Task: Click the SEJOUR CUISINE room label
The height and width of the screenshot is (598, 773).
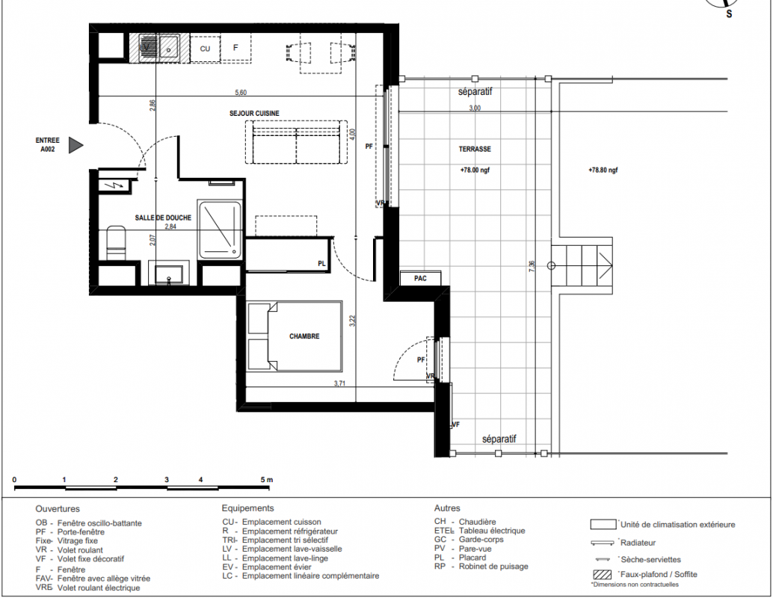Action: [254, 114]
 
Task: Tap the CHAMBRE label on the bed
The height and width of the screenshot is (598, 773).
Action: [304, 336]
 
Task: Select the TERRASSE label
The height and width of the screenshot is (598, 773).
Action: [475, 149]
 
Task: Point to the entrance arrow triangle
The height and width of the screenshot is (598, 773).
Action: [76, 145]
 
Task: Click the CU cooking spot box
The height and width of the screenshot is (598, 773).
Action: [205, 49]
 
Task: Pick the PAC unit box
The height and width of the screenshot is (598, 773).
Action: [421, 279]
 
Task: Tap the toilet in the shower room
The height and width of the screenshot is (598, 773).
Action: [116, 242]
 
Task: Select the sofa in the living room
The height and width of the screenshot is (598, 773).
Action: [296, 143]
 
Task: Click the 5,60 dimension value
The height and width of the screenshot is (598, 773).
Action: [241, 92]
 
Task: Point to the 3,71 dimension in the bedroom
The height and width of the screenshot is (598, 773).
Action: [339, 383]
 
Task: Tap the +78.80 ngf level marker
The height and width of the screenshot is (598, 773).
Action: [603, 170]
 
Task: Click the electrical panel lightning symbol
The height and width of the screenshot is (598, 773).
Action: [117, 186]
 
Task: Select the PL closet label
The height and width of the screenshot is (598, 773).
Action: [321, 265]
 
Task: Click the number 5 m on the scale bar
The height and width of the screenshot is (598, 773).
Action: [266, 480]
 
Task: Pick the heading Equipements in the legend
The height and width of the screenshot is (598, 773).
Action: [247, 508]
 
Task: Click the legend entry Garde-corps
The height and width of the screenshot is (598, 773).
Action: [481, 540]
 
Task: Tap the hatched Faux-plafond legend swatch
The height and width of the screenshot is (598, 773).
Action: [602, 574]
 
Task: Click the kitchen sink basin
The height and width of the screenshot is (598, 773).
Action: [169, 48]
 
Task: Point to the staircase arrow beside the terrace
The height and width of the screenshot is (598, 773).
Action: [606, 266]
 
